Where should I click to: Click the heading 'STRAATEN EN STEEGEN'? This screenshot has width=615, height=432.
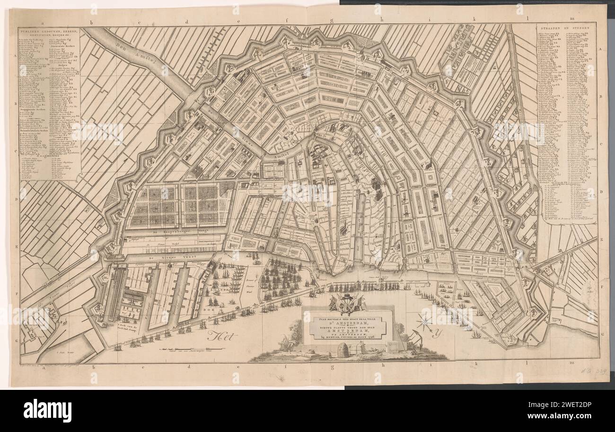[566, 29]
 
